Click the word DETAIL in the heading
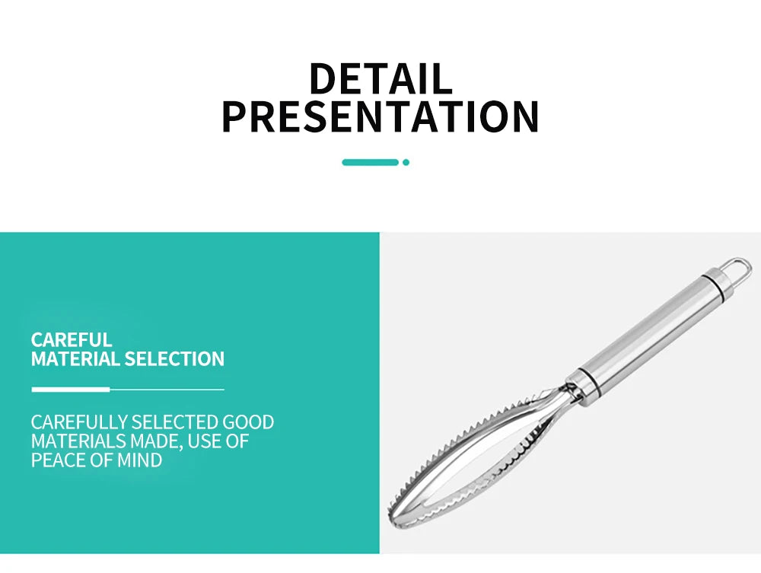click(x=380, y=79)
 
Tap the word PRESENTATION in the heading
click(x=380, y=116)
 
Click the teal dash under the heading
click(x=370, y=162)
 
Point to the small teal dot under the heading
click(x=406, y=162)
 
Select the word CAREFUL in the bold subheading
click(x=72, y=339)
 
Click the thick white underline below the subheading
click(x=70, y=389)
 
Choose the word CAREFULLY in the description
click(x=79, y=422)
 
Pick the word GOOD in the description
click(x=248, y=422)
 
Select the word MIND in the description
click(x=141, y=460)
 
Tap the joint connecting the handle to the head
click(x=576, y=386)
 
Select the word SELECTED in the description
click(x=174, y=422)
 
